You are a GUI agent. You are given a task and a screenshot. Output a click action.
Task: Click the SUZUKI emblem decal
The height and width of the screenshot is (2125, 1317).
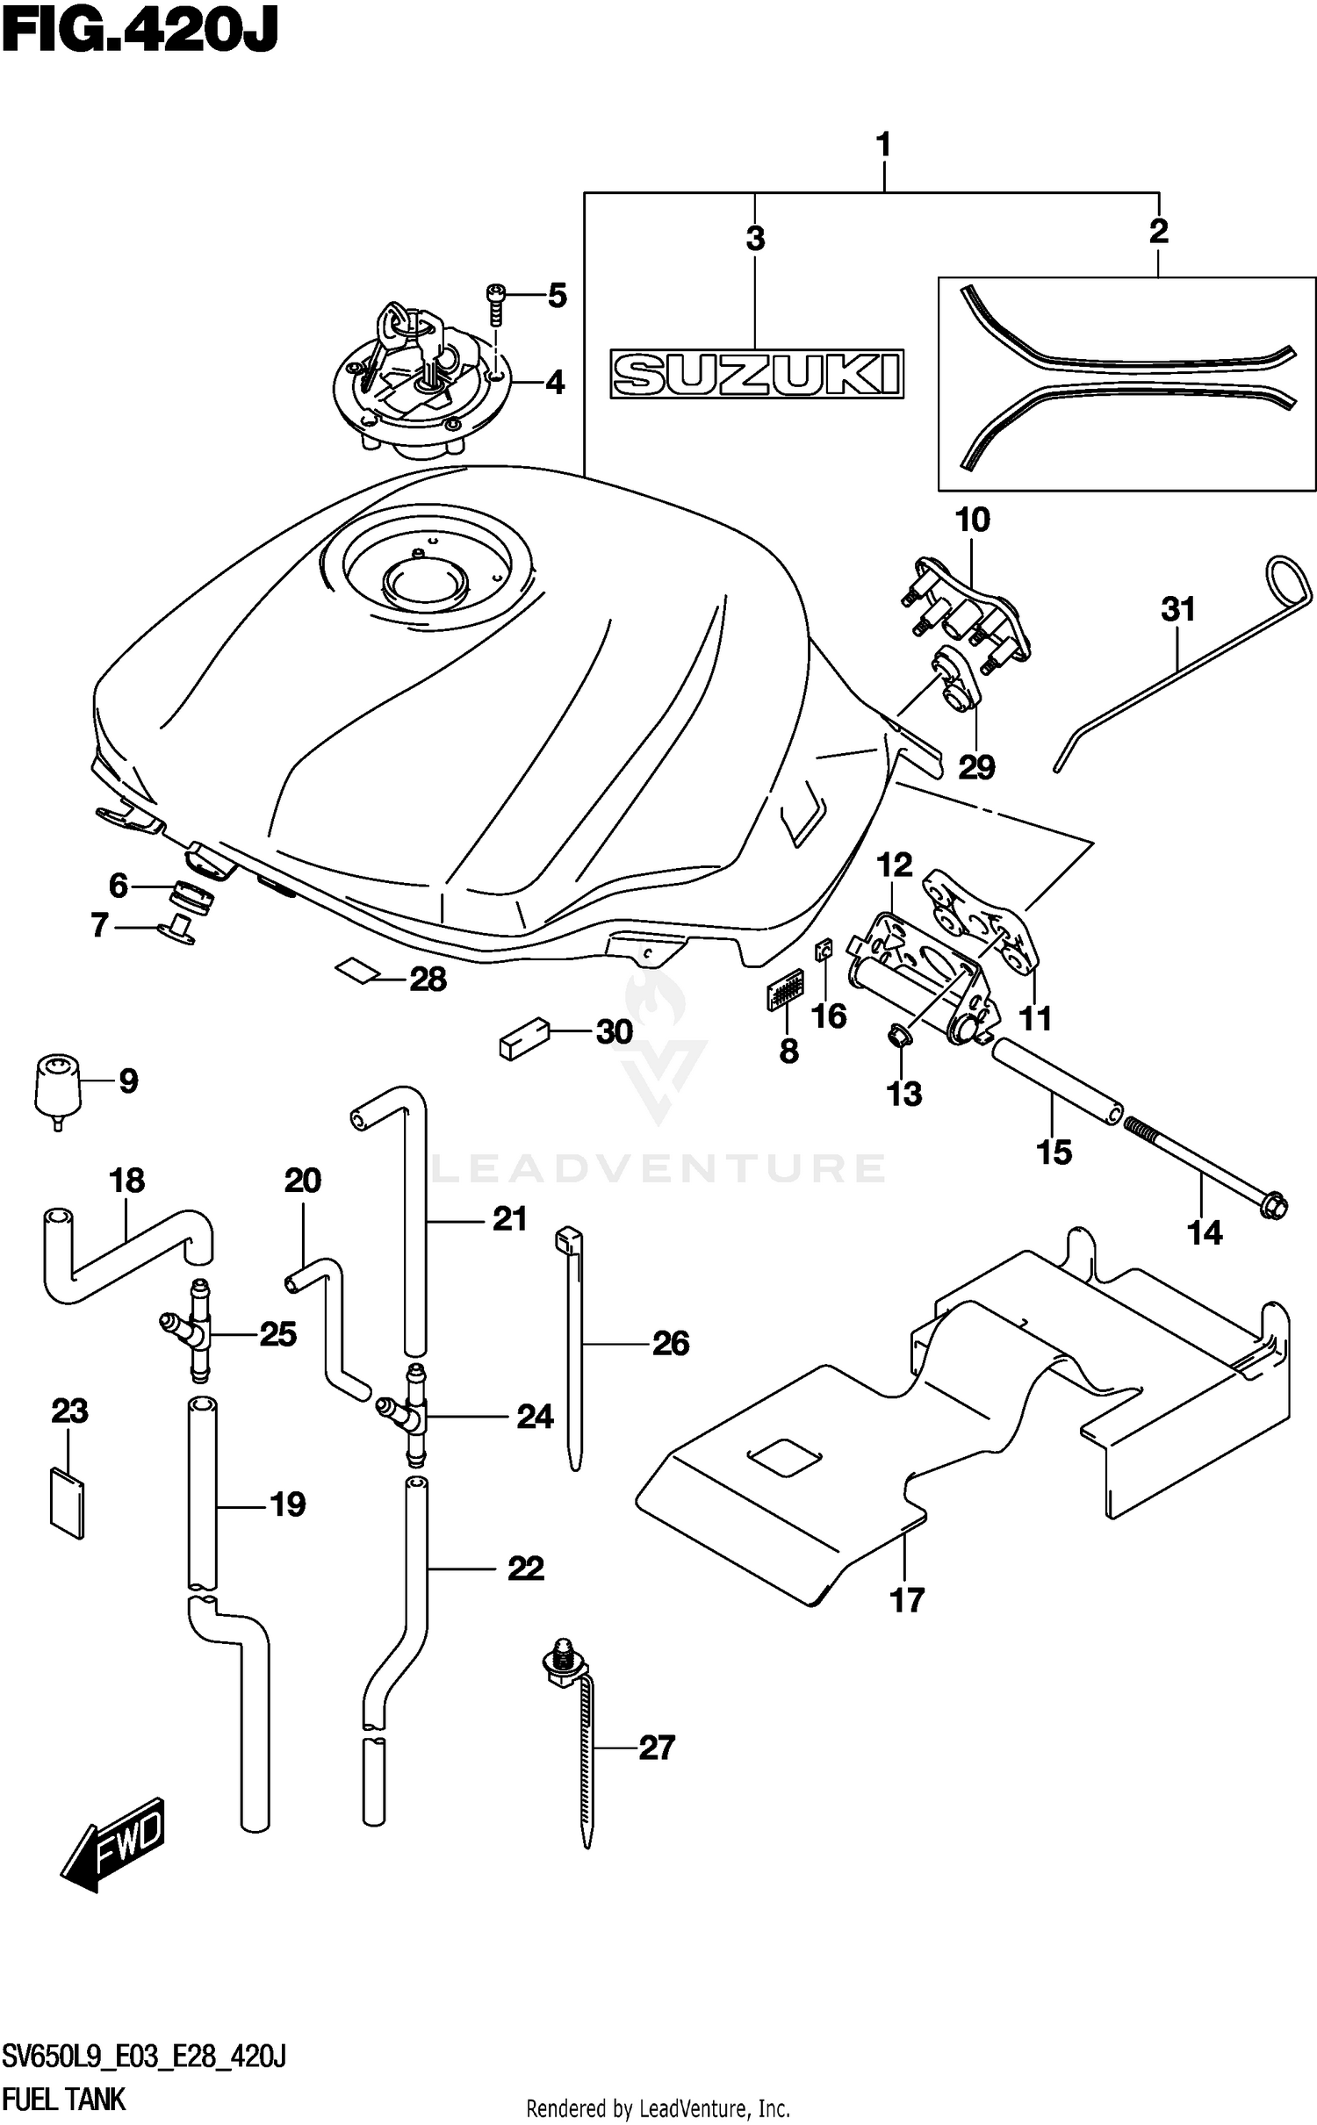[756, 375]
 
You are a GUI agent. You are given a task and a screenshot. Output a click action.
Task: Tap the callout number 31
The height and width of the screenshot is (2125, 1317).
[1177, 609]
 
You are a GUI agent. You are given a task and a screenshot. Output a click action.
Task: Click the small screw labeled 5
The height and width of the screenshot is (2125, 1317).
[496, 303]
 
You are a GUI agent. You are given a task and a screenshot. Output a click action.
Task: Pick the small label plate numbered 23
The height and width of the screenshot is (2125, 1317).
[68, 1504]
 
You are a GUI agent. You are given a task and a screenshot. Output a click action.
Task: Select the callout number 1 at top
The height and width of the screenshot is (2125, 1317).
[883, 143]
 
